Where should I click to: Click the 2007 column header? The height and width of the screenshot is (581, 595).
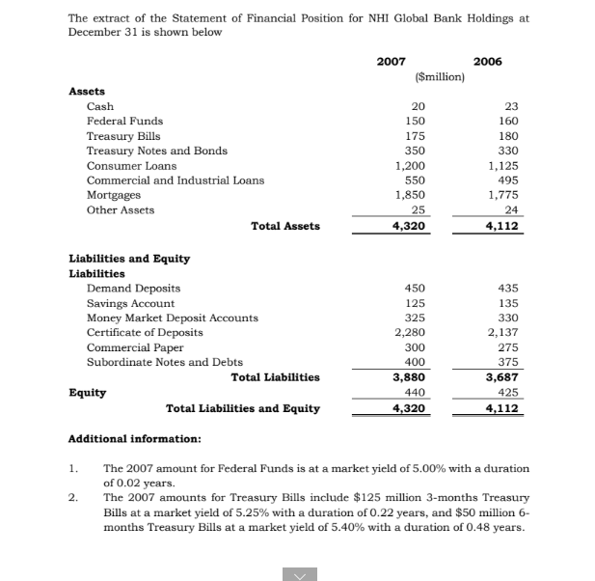point(391,61)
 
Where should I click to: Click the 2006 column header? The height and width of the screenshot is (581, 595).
point(488,61)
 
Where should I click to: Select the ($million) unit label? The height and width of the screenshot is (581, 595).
point(439,76)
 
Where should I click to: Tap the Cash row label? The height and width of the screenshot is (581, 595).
point(100,106)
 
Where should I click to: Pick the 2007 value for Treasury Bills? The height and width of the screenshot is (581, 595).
point(417,136)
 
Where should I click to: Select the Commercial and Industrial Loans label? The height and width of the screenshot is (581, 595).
point(175,180)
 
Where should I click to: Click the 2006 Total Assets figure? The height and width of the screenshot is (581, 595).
point(500,227)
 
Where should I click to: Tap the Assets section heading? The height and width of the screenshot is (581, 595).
point(87,91)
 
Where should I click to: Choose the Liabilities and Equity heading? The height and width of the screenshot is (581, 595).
point(129,259)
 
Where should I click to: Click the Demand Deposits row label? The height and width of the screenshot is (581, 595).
point(133,289)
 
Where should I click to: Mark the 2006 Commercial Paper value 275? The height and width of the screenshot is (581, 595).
point(506,347)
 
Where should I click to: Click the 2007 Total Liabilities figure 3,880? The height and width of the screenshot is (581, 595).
point(410,377)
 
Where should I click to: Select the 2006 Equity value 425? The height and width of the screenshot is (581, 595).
point(506,393)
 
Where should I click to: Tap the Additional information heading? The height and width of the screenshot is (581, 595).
point(135,439)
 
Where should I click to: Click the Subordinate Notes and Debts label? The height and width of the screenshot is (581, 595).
point(164,363)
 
